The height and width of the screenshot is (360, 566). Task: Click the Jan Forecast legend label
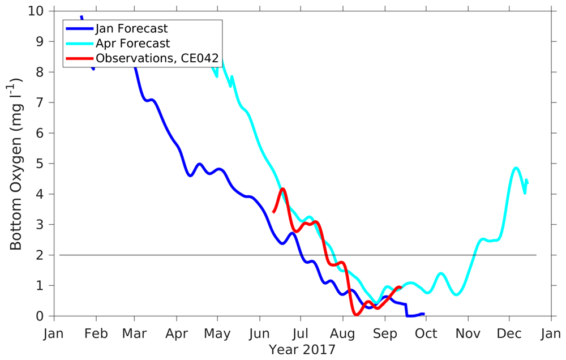pyautogui.click(x=131, y=28)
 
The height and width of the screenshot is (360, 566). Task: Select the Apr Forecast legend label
pyautogui.click(x=132, y=43)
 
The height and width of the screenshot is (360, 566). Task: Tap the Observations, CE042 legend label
pyautogui.click(x=157, y=58)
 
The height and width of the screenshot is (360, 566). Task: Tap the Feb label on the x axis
pyautogui.click(x=96, y=333)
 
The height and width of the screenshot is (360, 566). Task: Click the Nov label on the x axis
pyautogui.click(x=468, y=333)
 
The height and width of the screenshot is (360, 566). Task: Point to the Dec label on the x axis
pyautogui.click(x=509, y=333)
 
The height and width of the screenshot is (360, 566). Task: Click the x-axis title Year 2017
pyautogui.click(x=302, y=349)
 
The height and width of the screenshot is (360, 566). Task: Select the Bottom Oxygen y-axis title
pyautogui.click(x=16, y=164)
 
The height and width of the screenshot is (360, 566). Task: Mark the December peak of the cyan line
pyautogui.click(x=516, y=168)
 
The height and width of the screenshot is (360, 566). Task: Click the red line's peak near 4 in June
pyautogui.click(x=282, y=189)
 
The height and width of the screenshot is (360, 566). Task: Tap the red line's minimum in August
pyautogui.click(x=356, y=314)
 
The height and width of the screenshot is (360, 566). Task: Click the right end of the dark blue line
pyautogui.click(x=423, y=314)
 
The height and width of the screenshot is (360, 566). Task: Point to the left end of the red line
pyautogui.click(x=273, y=212)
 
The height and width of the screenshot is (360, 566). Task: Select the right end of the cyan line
pyautogui.click(x=527, y=181)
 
